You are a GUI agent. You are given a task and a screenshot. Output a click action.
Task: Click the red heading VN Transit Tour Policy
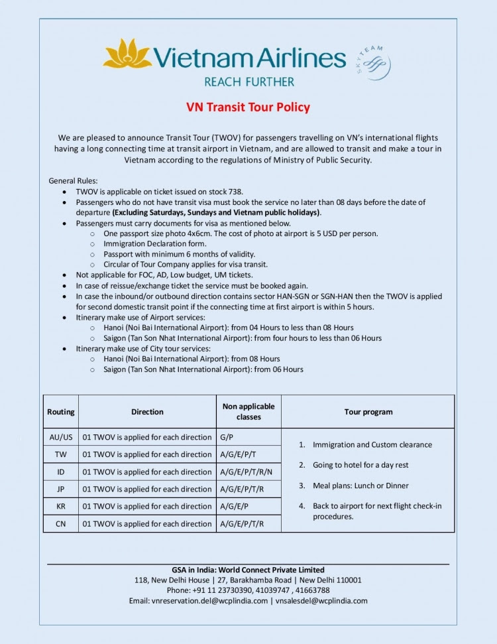248,107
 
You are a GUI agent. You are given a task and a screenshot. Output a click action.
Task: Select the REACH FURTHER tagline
248,82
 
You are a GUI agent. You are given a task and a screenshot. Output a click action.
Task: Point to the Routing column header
61,412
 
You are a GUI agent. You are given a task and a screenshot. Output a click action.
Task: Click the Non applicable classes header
248,412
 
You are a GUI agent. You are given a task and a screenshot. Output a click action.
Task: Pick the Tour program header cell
368,412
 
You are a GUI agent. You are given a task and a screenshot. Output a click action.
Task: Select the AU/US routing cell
61,437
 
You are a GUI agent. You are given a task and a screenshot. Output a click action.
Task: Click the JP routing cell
61,489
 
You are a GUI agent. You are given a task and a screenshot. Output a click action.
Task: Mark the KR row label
61,506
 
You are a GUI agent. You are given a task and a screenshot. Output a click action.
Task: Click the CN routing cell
61,523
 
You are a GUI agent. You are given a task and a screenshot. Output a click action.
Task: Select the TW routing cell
61,454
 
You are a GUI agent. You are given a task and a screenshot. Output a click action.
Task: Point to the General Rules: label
73,180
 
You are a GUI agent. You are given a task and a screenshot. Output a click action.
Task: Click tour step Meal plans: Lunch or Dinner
360,485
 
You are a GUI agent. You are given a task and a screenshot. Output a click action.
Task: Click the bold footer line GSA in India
248,570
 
